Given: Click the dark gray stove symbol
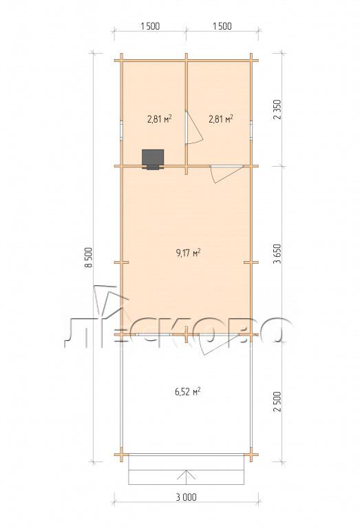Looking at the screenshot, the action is (x=153, y=159).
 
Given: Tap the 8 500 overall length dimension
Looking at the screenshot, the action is (x=89, y=258).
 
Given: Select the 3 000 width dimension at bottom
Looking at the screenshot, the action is (x=186, y=497).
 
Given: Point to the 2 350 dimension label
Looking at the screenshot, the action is (x=277, y=110).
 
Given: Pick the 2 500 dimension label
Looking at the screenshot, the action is (x=277, y=402).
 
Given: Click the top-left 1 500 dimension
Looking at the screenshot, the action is (x=150, y=26).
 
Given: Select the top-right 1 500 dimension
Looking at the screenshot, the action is (x=222, y=26).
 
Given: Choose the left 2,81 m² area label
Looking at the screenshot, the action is (x=160, y=118).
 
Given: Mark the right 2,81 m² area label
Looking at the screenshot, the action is (x=221, y=118).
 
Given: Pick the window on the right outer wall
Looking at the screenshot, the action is (x=251, y=130).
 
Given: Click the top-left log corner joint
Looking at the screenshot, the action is (x=121, y=61).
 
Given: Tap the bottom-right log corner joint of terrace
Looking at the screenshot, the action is (x=251, y=455).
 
